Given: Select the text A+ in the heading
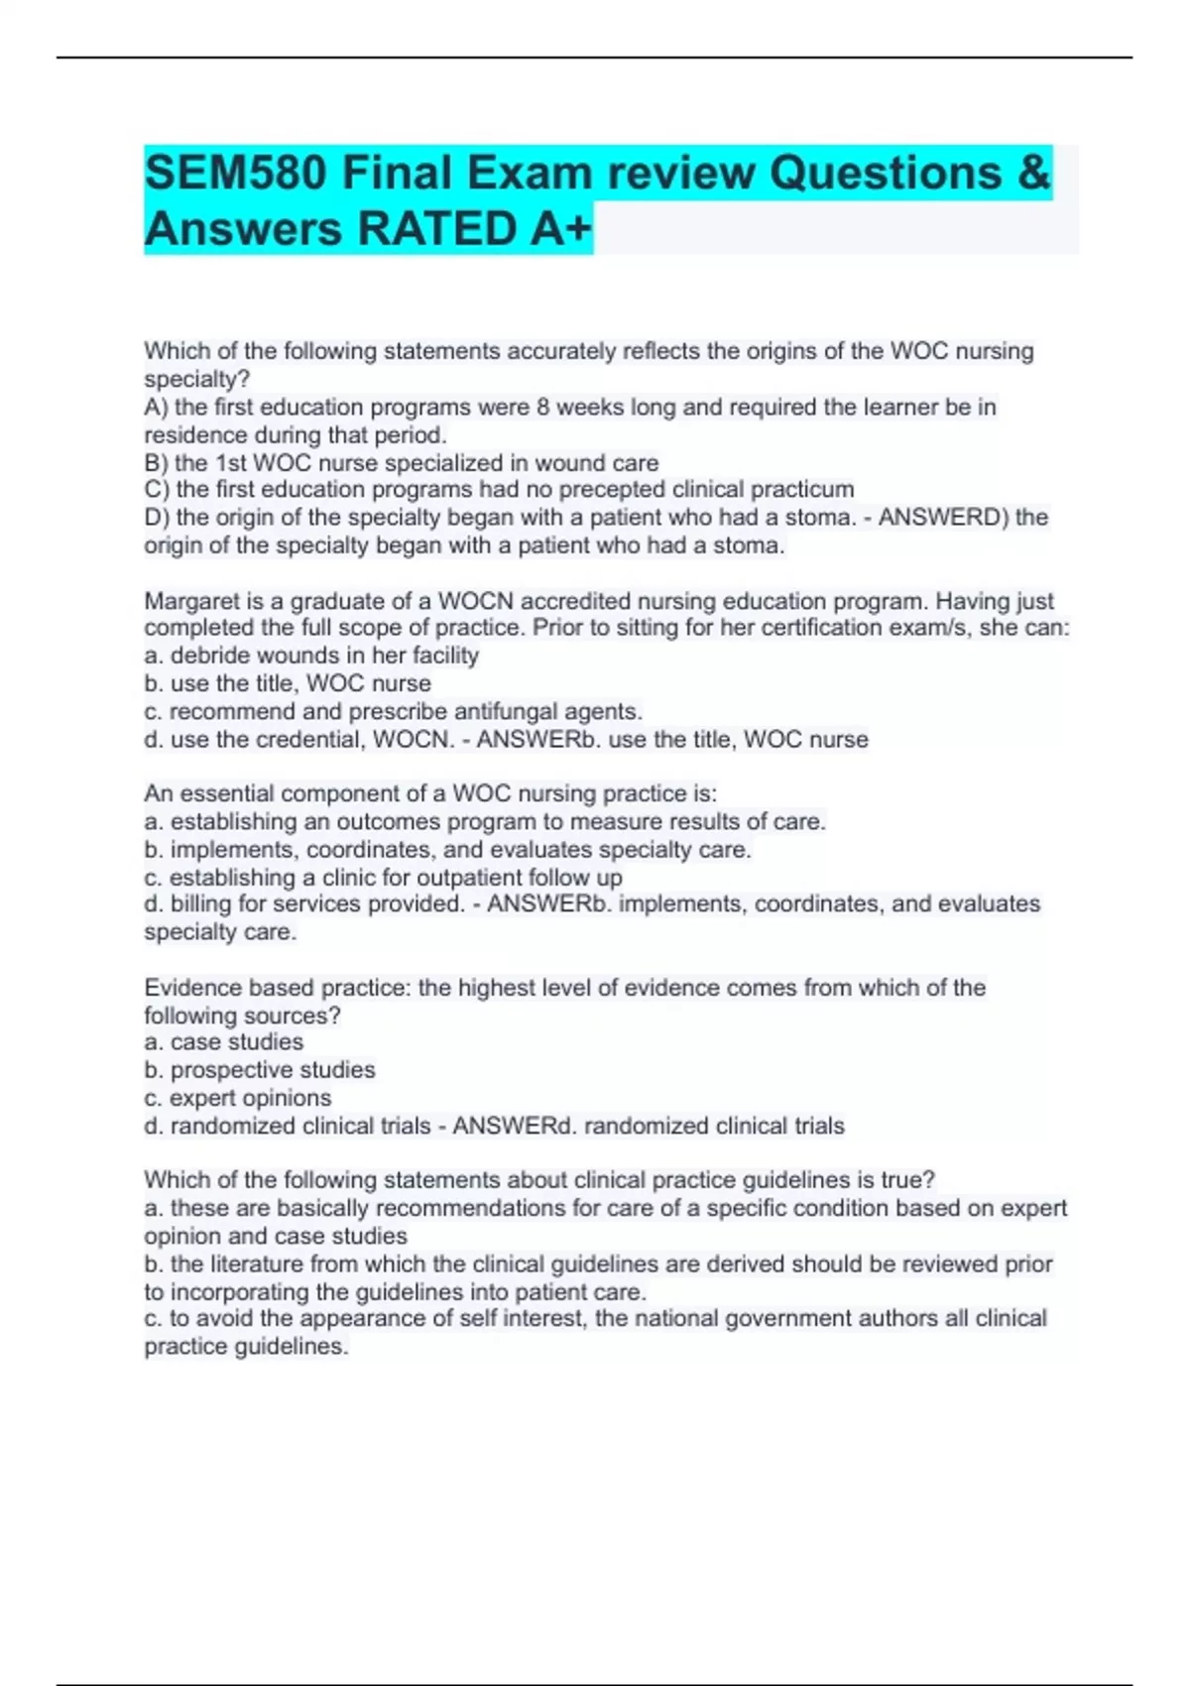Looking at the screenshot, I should (560, 229).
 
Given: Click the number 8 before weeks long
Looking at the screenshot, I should (542, 408).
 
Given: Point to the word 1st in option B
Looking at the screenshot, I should (231, 463).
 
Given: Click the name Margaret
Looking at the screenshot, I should (191, 601).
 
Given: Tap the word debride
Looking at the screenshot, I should (206, 656).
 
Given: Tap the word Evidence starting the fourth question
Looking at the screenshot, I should (192, 988).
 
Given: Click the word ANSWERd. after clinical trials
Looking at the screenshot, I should (515, 1127).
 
